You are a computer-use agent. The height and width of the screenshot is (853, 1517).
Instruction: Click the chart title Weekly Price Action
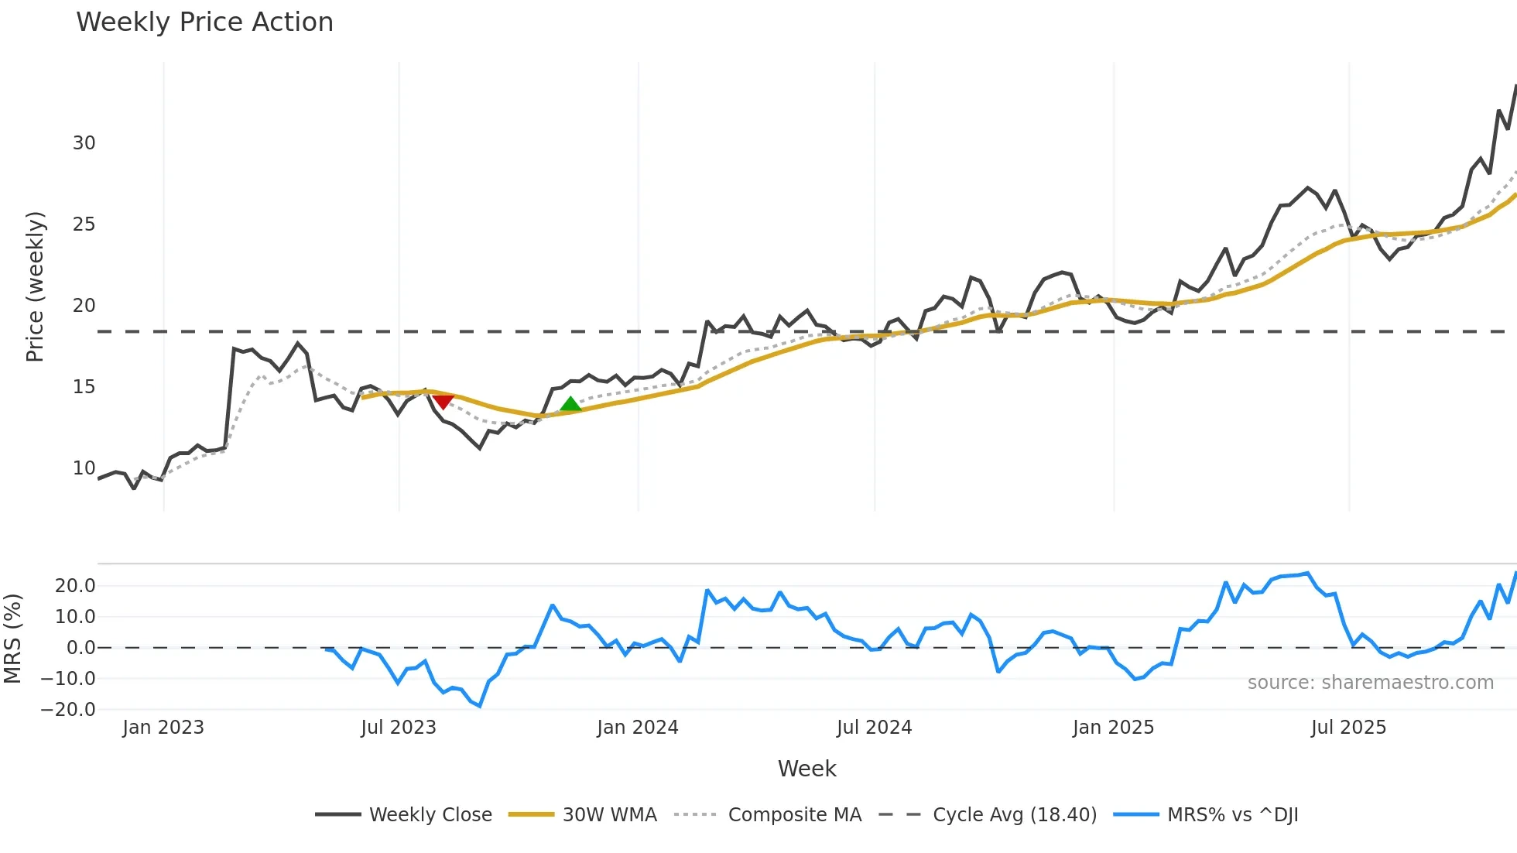204,22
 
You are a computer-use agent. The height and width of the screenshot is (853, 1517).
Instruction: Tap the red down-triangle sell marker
443,401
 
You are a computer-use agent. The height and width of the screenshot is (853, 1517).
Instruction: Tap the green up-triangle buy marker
570,404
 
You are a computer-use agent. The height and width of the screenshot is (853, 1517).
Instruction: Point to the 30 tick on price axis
84,143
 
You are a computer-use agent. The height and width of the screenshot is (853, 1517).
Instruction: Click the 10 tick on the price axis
84,468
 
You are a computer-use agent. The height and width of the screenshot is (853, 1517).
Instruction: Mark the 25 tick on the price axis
84,224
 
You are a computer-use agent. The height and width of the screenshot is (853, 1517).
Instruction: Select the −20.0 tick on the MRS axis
67,710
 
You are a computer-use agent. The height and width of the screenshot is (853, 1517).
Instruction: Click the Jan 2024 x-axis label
637,728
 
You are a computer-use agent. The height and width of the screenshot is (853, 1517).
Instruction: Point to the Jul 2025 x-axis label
1348,728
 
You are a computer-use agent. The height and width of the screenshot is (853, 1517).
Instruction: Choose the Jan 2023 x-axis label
163,728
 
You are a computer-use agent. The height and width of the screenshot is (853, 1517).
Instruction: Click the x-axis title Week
806,769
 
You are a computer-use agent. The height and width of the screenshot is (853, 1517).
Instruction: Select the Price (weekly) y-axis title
35,286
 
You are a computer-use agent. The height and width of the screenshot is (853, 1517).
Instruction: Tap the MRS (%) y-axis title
12,639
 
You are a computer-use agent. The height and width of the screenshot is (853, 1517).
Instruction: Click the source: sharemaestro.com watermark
1370,683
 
